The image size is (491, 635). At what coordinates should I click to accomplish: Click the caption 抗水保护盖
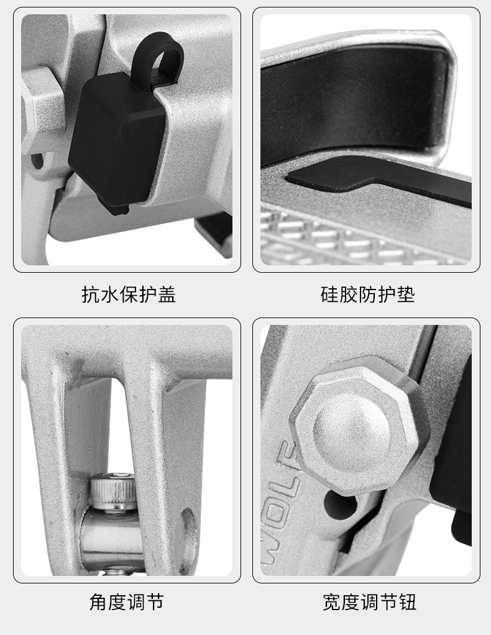click(x=129, y=295)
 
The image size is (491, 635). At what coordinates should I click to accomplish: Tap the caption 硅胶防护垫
click(x=367, y=295)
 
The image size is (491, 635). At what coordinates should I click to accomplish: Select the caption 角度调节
click(x=127, y=602)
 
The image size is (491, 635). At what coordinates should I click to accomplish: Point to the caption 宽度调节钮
click(x=369, y=602)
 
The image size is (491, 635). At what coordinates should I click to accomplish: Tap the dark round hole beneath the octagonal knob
click(x=341, y=504)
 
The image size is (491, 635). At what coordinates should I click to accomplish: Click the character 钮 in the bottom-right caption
click(x=407, y=602)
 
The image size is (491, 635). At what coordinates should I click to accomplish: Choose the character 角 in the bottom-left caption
click(x=99, y=602)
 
